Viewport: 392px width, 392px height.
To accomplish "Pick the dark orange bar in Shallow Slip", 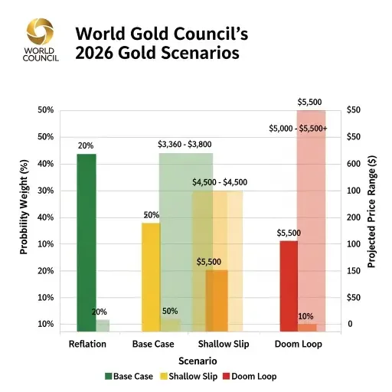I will [x=217, y=301].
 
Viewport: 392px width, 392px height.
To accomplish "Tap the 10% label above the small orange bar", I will [x=305, y=316].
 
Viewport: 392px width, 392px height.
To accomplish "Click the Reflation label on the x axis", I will [x=87, y=345].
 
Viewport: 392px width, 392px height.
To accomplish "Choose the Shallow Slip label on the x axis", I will [x=217, y=345].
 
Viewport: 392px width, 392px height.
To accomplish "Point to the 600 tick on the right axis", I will [x=354, y=164].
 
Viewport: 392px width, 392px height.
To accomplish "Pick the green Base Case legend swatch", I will [x=108, y=377].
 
